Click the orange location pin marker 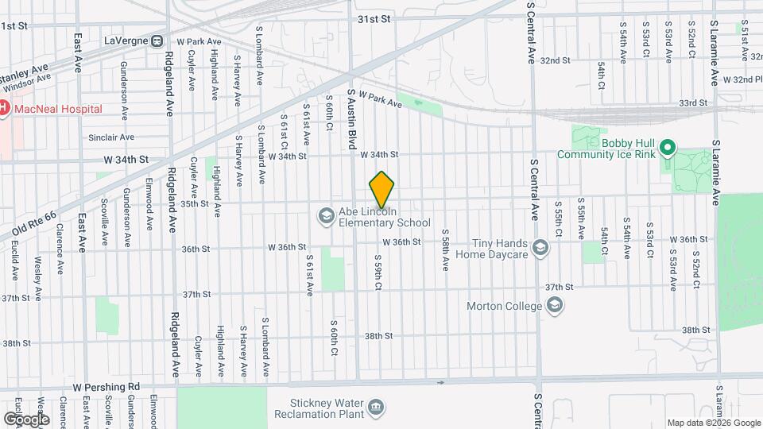(x=382, y=189)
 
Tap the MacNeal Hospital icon (x=4, y=108)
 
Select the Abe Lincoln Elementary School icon (x=325, y=215)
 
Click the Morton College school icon (x=555, y=306)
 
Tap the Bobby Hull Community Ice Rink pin (x=668, y=148)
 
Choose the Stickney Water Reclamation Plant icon (x=376, y=408)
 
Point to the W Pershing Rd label (x=106, y=387)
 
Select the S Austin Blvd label (x=351, y=119)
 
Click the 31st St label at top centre (x=374, y=17)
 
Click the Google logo (x=26, y=419)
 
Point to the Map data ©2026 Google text (x=713, y=423)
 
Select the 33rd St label (x=692, y=102)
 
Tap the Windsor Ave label (x=32, y=75)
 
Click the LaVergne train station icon (x=157, y=41)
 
